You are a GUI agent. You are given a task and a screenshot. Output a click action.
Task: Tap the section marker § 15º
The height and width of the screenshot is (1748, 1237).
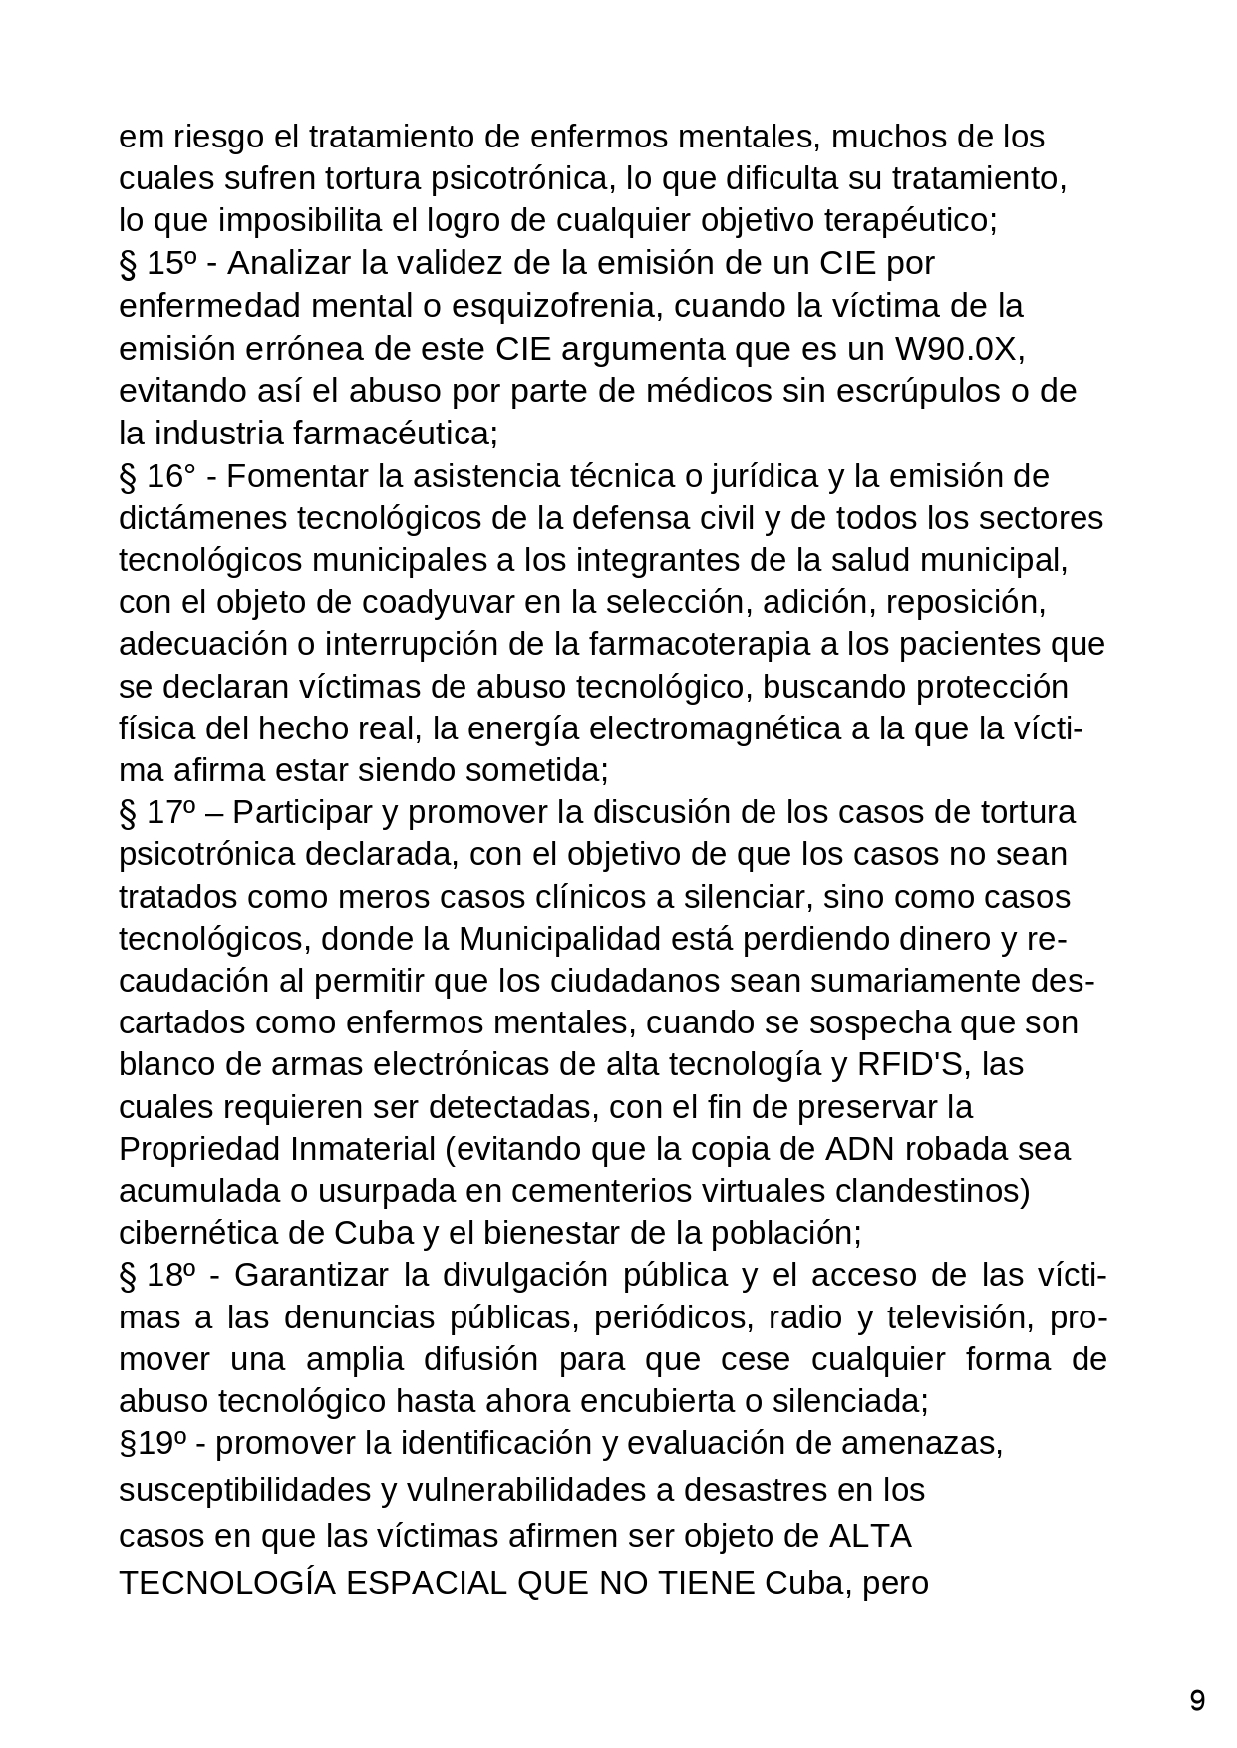pyautogui.click(x=156, y=264)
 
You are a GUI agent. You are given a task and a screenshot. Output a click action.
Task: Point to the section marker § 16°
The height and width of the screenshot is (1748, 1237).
pyautogui.click(x=156, y=476)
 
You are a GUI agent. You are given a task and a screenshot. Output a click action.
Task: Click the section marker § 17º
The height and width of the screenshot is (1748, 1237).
pyautogui.click(x=156, y=812)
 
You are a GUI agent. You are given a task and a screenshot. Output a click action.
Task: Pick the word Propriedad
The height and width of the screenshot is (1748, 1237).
pyautogui.click(x=200, y=1149)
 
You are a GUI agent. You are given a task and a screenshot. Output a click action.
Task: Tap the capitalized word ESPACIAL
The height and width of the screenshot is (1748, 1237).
pyautogui.click(x=424, y=1583)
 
